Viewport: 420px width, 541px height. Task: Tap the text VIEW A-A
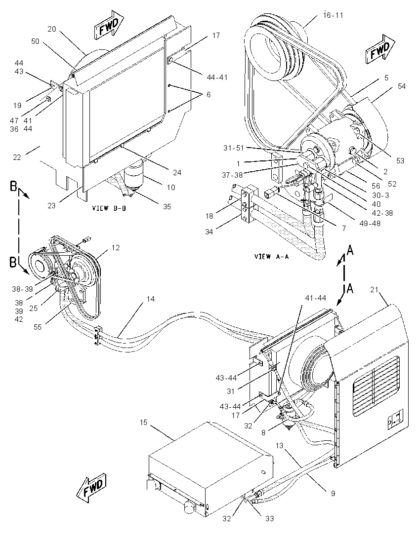(271, 256)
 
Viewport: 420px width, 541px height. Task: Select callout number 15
(143, 423)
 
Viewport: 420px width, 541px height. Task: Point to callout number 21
(375, 290)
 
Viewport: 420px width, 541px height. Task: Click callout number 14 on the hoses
(151, 299)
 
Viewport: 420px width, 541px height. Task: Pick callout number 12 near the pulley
(115, 248)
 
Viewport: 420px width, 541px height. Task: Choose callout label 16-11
(334, 15)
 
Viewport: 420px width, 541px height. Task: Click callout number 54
(402, 86)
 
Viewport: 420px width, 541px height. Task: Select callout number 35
(167, 207)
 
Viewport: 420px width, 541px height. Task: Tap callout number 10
(171, 188)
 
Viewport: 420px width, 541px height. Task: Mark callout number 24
(177, 172)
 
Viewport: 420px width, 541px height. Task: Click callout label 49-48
(370, 223)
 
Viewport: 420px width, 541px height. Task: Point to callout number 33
(269, 519)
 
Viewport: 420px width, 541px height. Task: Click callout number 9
(333, 494)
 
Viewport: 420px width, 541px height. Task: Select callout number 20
(51, 29)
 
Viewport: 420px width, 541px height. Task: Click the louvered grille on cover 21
(376, 386)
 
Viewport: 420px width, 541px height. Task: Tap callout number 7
(344, 228)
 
